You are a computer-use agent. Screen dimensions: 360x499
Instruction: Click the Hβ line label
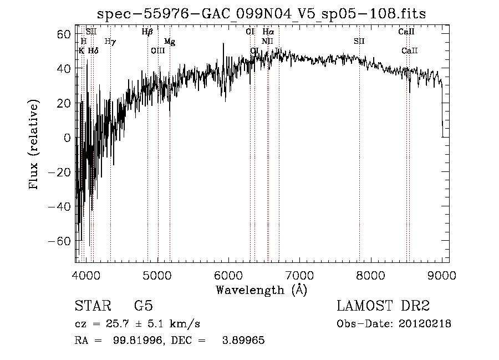click(x=147, y=32)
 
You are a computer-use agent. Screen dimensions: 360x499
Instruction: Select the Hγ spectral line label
click(x=110, y=41)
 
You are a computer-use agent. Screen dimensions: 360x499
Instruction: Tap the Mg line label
click(x=170, y=42)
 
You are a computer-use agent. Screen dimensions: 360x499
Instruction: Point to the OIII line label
click(x=158, y=50)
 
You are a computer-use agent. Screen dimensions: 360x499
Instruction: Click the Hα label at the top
click(x=268, y=32)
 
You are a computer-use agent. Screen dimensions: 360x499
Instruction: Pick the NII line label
click(x=268, y=41)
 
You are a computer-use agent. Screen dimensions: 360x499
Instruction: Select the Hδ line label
click(x=93, y=50)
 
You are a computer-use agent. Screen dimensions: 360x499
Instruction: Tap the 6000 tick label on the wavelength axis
click(x=228, y=275)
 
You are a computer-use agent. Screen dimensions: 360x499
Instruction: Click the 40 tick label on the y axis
click(x=64, y=68)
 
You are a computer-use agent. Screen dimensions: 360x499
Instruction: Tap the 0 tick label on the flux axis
click(x=68, y=138)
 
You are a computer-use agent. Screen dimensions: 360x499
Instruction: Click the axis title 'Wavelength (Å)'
click(x=261, y=290)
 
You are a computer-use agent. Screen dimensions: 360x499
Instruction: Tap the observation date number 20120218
click(x=424, y=323)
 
